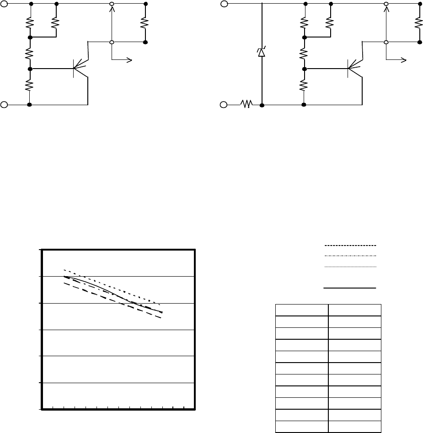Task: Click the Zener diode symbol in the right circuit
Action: [x=262, y=53]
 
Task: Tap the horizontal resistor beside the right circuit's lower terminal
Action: [x=247, y=105]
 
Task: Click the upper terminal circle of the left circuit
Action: [x=4, y=4]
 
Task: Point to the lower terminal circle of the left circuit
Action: [x=4, y=105]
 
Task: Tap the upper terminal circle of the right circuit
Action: [x=224, y=4]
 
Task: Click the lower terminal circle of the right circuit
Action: [x=224, y=105]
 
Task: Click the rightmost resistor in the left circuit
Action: [x=145, y=22]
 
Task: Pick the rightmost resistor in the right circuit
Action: [x=419, y=22]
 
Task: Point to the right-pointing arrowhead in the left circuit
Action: [x=130, y=59]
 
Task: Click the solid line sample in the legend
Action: [x=349, y=289]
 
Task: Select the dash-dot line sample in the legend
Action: [x=349, y=256]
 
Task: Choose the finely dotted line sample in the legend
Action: [x=349, y=266]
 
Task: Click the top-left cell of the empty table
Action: [x=301, y=310]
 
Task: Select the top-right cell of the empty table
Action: [x=354, y=310]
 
